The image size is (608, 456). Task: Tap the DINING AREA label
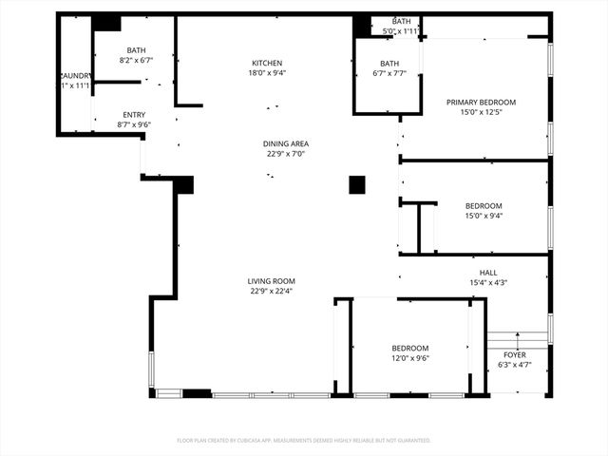point(286,144)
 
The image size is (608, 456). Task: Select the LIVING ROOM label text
point(272,281)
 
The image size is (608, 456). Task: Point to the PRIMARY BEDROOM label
point(481,102)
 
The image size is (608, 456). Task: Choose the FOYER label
point(514,354)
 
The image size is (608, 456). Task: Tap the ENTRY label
point(134,114)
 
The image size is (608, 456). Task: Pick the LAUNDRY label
point(75,76)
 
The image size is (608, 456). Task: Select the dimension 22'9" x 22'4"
point(272,291)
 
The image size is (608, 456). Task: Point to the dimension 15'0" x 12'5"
point(481,111)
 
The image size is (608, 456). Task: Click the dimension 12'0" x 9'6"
point(410,358)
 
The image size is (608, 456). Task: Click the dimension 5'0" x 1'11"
point(401,31)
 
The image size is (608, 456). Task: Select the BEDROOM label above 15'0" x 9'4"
point(484,206)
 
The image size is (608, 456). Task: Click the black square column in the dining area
point(357,184)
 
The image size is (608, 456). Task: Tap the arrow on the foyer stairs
point(516,337)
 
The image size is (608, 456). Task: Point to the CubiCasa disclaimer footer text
point(304,440)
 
